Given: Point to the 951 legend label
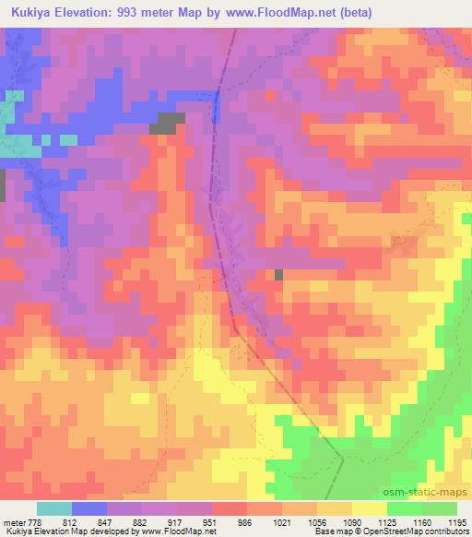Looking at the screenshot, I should click(220, 522).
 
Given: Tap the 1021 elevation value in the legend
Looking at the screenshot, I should click(292, 522).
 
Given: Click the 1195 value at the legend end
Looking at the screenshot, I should click(457, 522).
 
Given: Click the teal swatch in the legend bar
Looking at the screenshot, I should click(53, 508).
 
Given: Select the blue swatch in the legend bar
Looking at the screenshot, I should click(89, 508).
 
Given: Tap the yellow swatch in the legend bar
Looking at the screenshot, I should click(370, 508).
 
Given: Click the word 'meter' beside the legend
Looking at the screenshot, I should click(14, 522).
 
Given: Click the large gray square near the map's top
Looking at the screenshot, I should click(168, 124).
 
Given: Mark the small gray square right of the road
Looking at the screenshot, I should click(278, 274).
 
